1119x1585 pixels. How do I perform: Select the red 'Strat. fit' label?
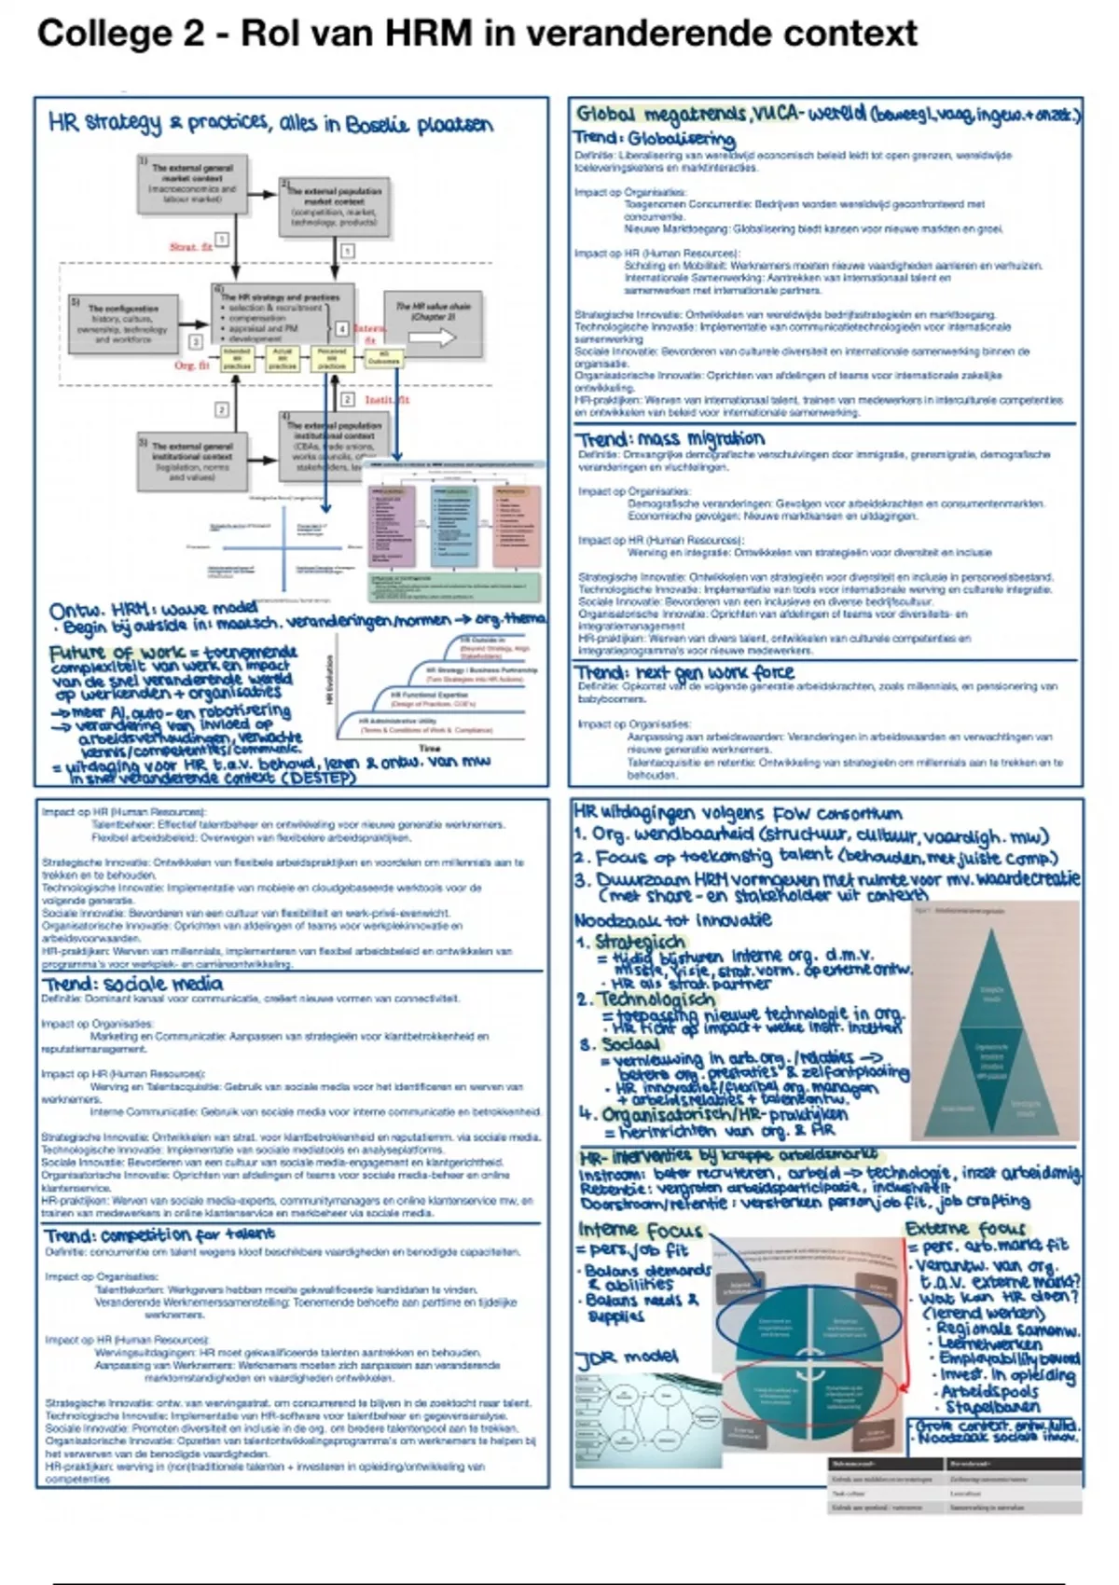point(190,247)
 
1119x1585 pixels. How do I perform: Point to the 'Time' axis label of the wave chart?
point(430,748)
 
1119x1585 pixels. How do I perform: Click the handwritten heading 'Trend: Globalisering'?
point(654,138)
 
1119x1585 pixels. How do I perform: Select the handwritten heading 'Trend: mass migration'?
point(670,438)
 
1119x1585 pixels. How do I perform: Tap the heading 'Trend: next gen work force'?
point(684,672)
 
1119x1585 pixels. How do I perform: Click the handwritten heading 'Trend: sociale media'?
point(132,984)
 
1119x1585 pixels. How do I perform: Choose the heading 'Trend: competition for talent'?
point(159,1235)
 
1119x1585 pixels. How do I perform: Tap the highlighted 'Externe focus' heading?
point(965,1229)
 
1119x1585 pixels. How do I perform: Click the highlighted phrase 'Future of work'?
point(105,653)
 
